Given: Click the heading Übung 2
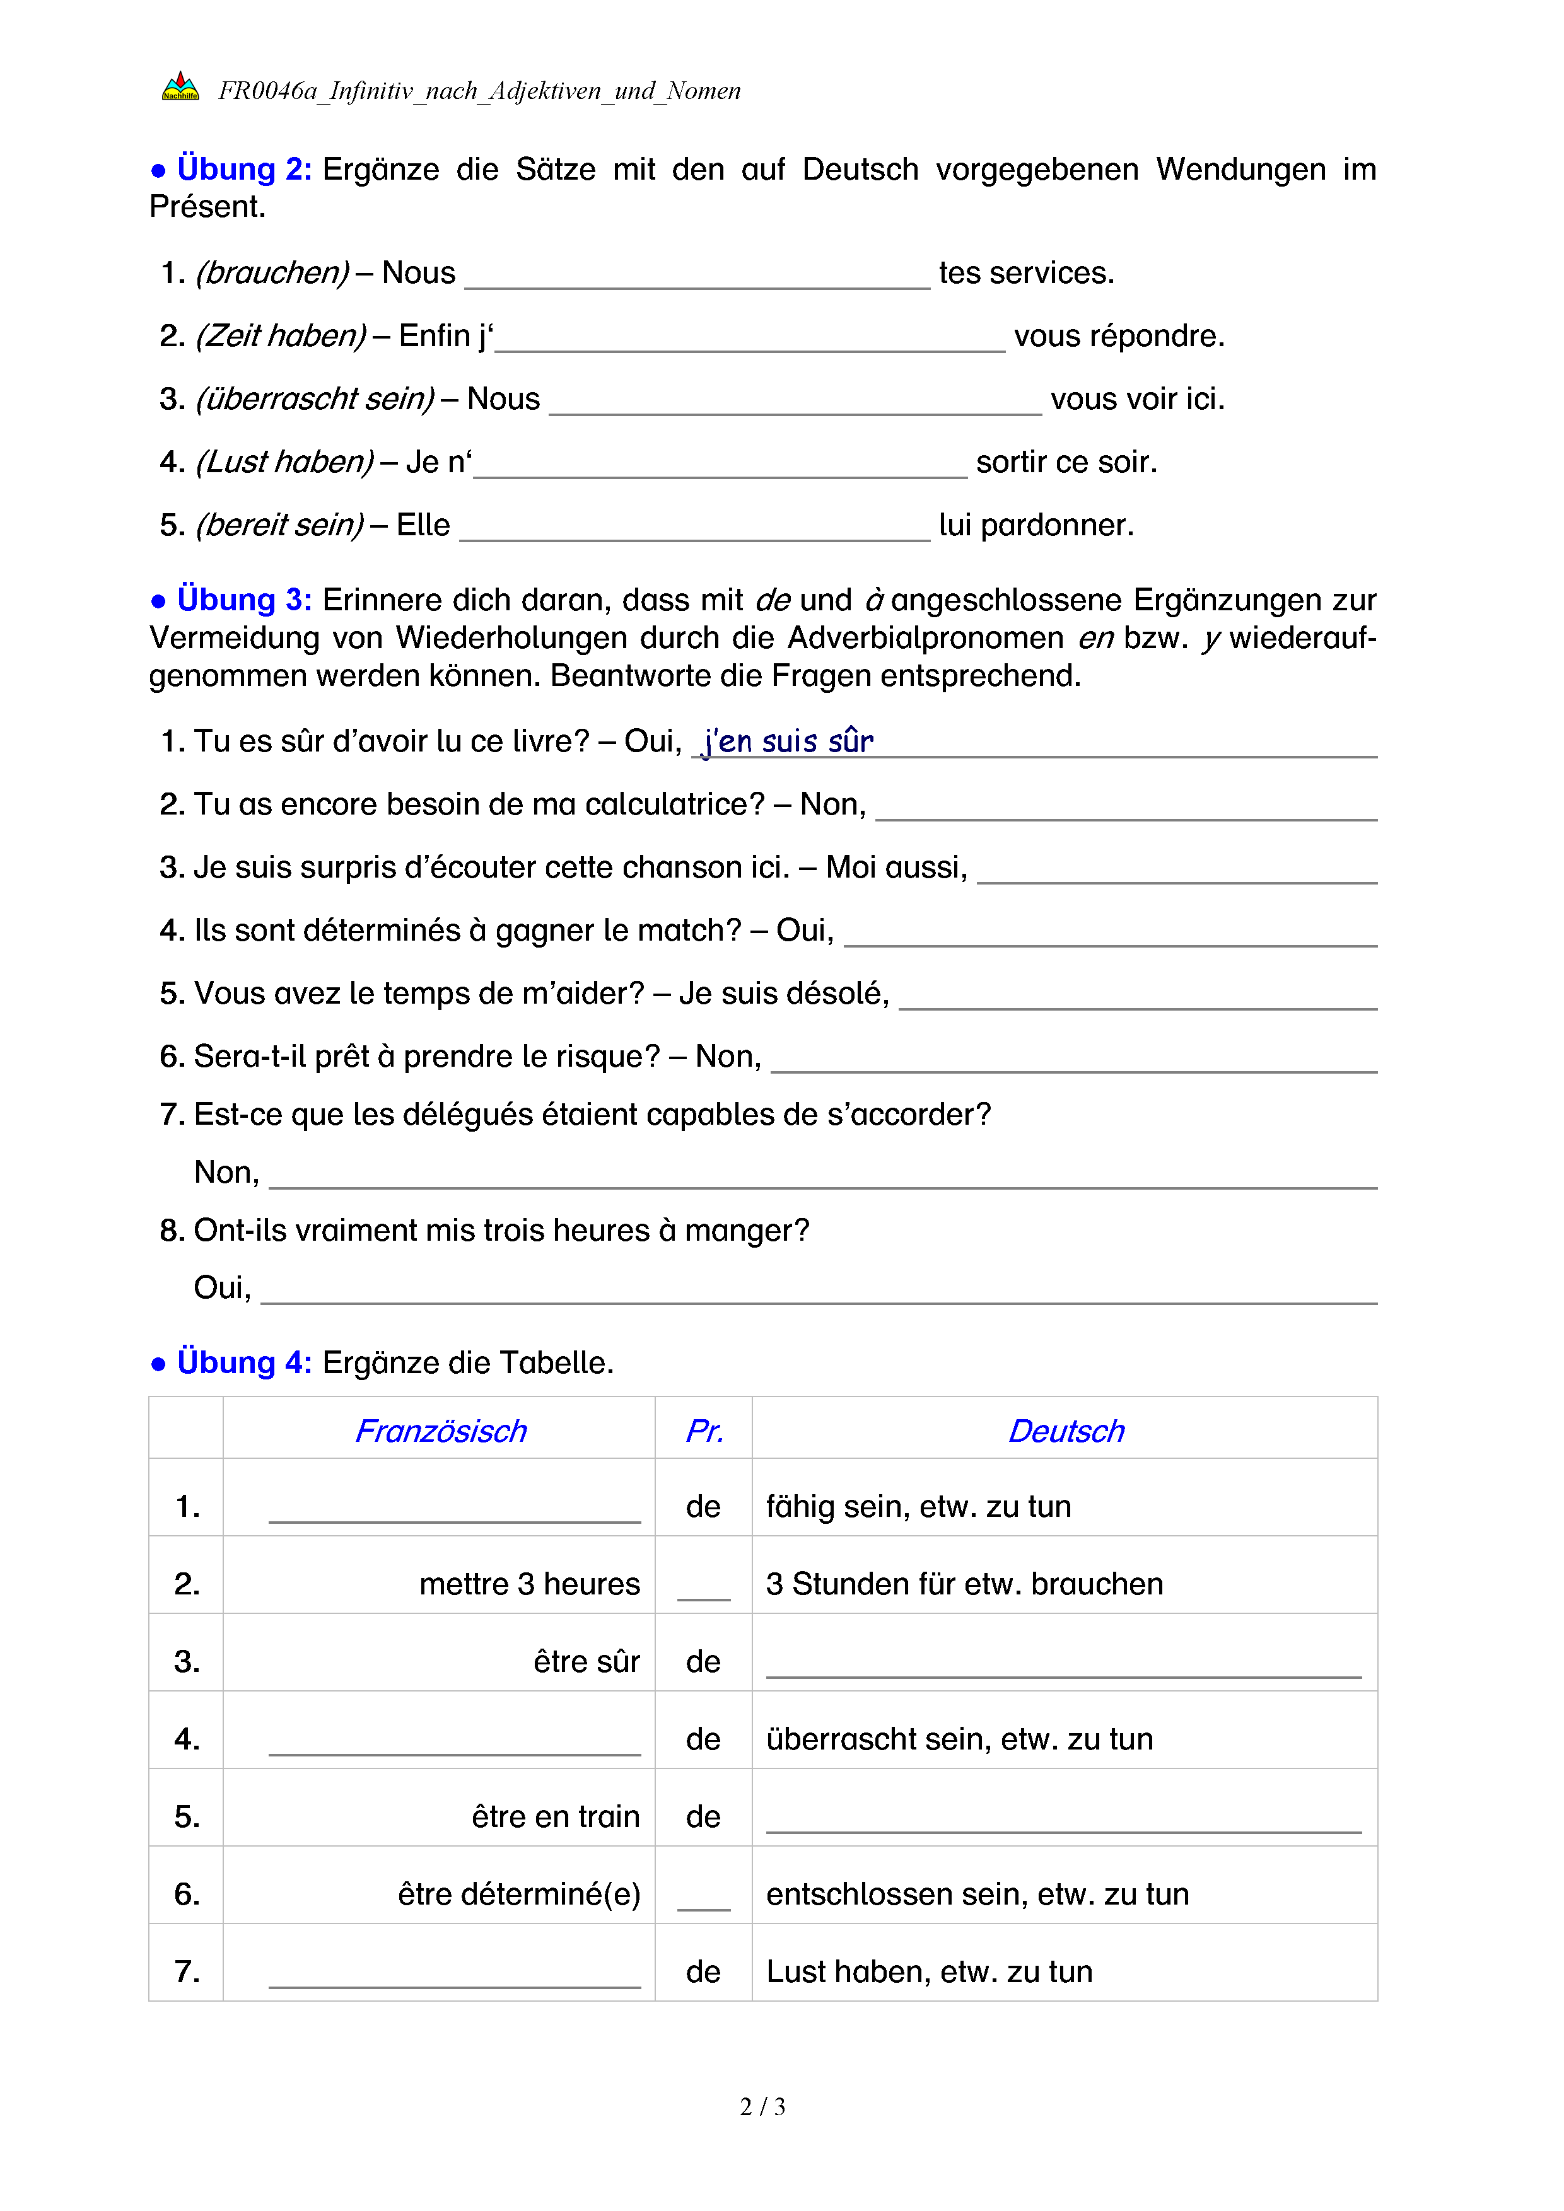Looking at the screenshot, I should coord(243,170).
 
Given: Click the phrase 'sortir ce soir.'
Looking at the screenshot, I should coord(1066,462).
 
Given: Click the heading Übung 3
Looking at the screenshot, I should coord(243,600).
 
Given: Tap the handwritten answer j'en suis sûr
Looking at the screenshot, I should coord(789,741).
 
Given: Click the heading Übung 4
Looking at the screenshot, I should coord(243,1362).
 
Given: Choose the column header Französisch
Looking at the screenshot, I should coord(441,1431).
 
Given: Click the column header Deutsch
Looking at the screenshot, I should coord(1066,1431).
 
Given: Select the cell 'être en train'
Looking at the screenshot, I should coord(556,1817).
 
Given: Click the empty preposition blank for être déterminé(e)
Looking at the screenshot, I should coord(703,1897).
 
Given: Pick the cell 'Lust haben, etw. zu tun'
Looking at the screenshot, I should coord(930,1972).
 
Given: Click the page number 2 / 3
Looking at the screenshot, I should coord(762,2107).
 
